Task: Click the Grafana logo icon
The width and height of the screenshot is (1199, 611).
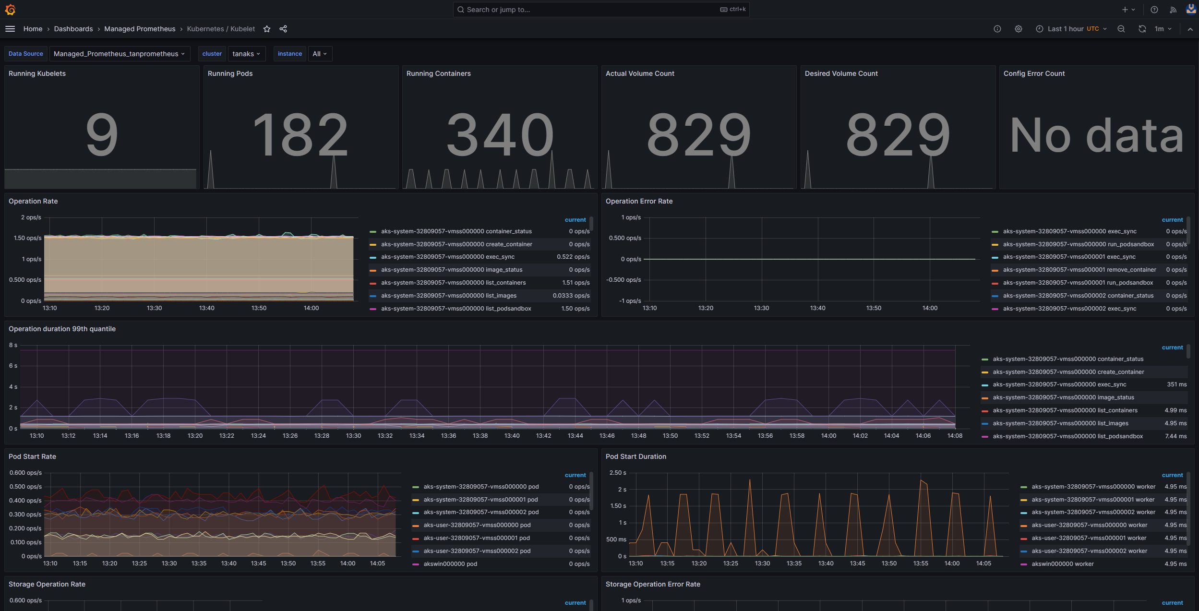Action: [x=10, y=10]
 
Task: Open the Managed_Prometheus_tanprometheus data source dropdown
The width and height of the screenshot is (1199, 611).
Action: [x=119, y=54]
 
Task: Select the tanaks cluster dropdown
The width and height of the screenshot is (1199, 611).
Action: [x=246, y=54]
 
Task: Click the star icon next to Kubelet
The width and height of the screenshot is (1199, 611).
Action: [x=267, y=29]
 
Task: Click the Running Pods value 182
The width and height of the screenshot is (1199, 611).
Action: [x=300, y=135]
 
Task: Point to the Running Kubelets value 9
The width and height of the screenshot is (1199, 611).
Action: [x=102, y=135]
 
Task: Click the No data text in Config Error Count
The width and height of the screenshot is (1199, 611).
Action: [x=1096, y=136]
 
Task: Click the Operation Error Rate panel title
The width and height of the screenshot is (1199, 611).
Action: [x=639, y=201]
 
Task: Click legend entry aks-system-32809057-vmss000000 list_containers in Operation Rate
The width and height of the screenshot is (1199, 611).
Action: [x=453, y=283]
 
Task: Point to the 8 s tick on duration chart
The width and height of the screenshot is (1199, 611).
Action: [x=13, y=345]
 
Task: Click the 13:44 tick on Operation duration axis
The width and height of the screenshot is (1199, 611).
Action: [x=575, y=436]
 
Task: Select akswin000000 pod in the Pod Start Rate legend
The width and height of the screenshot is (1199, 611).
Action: [x=450, y=564]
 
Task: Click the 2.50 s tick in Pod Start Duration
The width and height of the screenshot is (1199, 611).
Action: [x=617, y=473]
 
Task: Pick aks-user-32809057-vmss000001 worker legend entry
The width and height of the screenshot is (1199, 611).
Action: [x=1089, y=538]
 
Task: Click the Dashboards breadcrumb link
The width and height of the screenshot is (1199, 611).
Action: [x=73, y=29]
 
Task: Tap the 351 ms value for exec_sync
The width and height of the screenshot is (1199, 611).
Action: [x=1176, y=384]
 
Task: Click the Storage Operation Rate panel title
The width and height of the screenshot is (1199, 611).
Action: [x=47, y=584]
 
